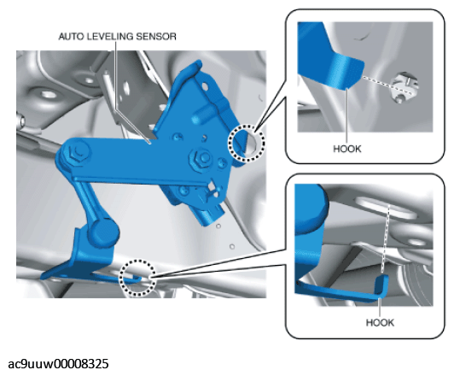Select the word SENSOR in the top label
(156, 37)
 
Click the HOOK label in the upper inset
(347, 149)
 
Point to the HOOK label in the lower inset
(380, 323)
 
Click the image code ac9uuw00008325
(59, 364)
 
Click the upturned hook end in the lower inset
(382, 287)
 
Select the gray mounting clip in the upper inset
(405, 86)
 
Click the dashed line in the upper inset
(387, 85)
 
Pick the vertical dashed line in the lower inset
(386, 238)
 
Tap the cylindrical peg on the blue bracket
(203, 114)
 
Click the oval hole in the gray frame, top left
(47, 94)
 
